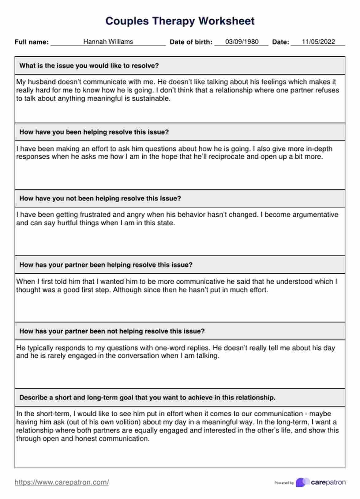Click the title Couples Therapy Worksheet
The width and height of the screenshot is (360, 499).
pos(180,21)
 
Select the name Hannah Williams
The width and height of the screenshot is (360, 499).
pos(108,42)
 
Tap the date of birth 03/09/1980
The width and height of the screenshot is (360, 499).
pos(242,42)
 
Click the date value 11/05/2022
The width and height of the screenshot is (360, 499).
pos(318,42)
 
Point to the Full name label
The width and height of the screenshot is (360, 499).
pos(32,42)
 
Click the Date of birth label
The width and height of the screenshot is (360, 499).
pos(191,42)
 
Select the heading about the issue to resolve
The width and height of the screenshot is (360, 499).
pos(89,66)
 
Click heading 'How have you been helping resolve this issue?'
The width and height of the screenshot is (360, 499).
pos(94,132)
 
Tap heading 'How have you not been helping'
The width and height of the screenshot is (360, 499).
pos(100,198)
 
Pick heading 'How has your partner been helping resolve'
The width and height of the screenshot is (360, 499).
pos(106,265)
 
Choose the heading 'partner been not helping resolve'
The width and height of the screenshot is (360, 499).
pos(112,331)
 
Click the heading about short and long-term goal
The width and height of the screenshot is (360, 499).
pos(147,398)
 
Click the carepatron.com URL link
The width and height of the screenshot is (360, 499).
pos(62,482)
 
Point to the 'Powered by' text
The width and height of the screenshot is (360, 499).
pos(284,483)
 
